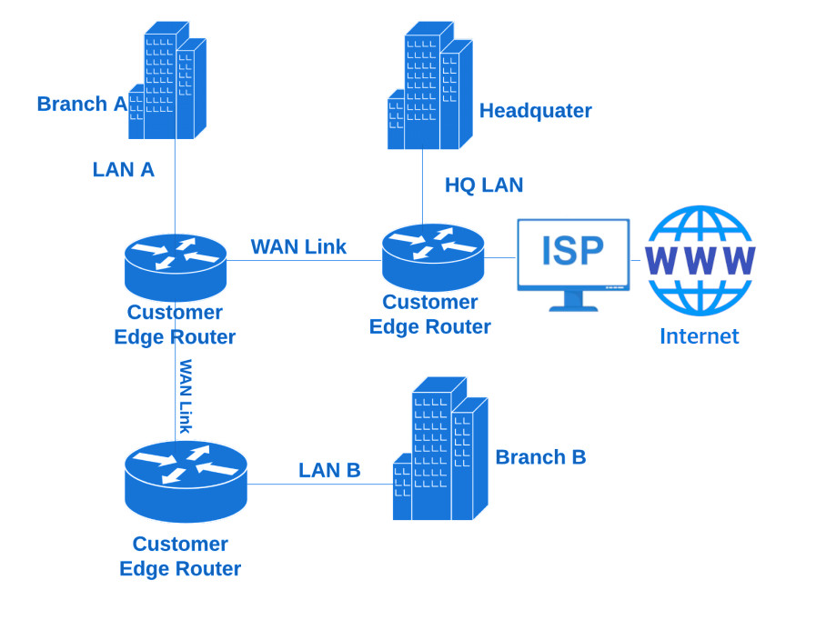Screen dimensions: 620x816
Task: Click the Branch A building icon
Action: click(168, 82)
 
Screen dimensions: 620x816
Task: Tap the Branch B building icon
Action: click(440, 450)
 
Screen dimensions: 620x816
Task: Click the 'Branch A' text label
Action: click(81, 104)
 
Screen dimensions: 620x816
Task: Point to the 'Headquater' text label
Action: click(535, 111)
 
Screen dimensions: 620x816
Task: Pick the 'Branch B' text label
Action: click(540, 457)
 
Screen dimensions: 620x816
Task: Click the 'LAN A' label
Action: click(124, 169)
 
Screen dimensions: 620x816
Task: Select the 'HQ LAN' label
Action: click(484, 185)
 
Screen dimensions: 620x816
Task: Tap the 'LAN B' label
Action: click(329, 470)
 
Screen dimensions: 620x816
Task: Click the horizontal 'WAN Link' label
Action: click(298, 246)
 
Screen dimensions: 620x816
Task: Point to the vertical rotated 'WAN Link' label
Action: click(186, 396)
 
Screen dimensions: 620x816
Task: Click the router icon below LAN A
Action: click(175, 266)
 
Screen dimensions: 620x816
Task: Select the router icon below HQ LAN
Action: click(433, 256)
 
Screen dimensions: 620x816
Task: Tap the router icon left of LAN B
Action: click(186, 481)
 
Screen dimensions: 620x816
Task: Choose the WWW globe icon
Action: click(700, 260)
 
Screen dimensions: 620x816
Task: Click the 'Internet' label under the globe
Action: click(699, 336)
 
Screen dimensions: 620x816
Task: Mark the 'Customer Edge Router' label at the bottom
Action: click(180, 556)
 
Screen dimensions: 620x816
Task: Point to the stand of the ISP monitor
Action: click(573, 302)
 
